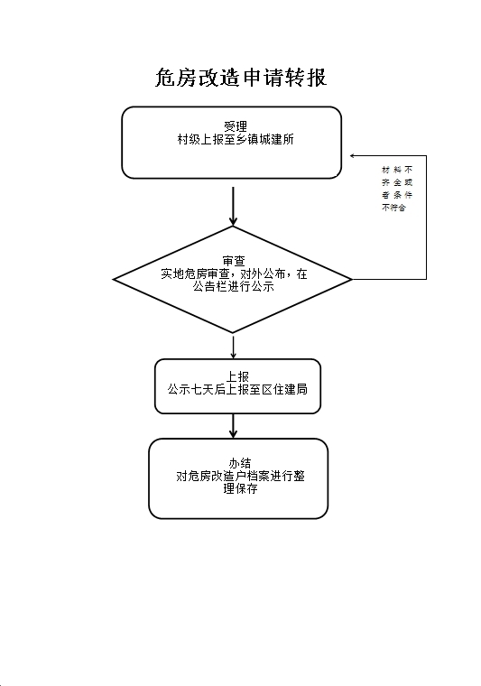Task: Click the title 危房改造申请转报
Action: [241, 78]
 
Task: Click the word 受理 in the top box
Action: [236, 126]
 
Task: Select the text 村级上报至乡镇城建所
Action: [236, 140]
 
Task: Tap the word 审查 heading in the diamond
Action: [234, 261]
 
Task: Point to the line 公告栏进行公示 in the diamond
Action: [234, 286]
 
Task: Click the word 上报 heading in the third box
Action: [237, 376]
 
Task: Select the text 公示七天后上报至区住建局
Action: [237, 389]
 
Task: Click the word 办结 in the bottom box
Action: [240, 463]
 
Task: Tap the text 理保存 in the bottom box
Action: [240, 488]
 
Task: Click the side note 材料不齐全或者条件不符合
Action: [397, 189]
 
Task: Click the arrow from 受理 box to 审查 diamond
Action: [233, 206]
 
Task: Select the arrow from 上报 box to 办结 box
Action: [233, 426]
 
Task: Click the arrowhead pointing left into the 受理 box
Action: [353, 155]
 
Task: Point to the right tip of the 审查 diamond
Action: [352, 279]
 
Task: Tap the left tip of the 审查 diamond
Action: [113, 279]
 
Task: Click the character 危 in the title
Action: [166, 78]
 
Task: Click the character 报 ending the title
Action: [317, 78]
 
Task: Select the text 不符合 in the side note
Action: [393, 208]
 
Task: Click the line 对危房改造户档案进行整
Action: [240, 476]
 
